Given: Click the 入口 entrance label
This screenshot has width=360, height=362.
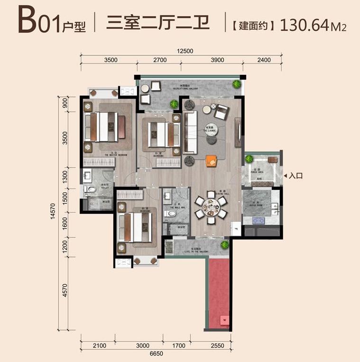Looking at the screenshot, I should coord(295,176).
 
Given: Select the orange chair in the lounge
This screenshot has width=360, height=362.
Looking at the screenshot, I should coord(212,160).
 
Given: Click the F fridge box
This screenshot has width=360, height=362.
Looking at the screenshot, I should coord(236,229).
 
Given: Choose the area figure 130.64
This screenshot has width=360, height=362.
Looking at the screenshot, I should coord(304,24).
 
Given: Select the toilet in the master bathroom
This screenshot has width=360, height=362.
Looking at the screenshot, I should coord(88,190).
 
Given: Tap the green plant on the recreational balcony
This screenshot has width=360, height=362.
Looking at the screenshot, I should coord(236,84).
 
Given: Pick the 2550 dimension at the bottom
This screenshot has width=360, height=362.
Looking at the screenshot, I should coord(217,345).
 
